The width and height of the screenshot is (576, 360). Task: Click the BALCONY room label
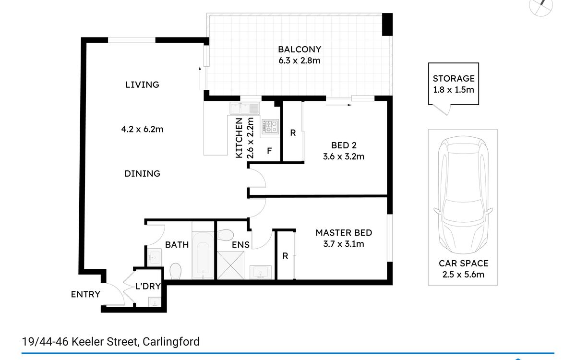[300, 49]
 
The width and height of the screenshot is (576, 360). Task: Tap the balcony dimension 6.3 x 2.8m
[300, 60]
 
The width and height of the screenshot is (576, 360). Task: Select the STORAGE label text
[454, 78]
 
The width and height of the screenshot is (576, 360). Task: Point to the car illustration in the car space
[463, 195]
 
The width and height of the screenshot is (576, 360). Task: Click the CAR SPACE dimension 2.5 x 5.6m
[463, 275]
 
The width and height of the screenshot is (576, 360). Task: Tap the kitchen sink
[245, 108]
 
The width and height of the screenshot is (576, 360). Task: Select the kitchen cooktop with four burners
[270, 126]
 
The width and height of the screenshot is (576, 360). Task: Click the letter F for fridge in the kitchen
[269, 151]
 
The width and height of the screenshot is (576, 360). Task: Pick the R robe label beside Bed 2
[293, 132]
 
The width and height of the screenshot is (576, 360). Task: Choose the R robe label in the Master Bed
[285, 256]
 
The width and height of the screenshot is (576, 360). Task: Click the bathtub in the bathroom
[203, 255]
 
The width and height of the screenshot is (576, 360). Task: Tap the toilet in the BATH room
[176, 271]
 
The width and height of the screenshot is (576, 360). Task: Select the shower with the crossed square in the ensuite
[231, 265]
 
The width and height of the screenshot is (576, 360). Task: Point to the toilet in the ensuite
[225, 235]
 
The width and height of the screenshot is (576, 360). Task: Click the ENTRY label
[85, 294]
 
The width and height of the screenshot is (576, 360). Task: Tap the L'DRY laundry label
[148, 286]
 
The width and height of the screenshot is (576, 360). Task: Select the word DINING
[143, 174]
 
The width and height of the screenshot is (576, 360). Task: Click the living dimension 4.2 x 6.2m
[142, 129]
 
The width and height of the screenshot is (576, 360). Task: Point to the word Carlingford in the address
[171, 342]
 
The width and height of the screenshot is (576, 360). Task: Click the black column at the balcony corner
[387, 24]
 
